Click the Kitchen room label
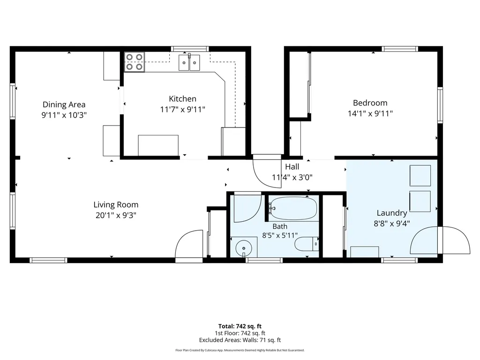click(182, 99)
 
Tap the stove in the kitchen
click(134, 62)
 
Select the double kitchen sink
click(189, 62)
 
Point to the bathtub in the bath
click(293, 208)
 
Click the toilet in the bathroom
click(307, 244)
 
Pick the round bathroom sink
click(244, 247)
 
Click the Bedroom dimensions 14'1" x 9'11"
click(370, 113)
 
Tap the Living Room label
click(116, 204)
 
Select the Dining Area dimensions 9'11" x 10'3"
click(64, 115)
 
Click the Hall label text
click(292, 167)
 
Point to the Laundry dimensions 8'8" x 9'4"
click(392, 224)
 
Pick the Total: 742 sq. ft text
click(240, 326)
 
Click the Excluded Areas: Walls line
click(240, 340)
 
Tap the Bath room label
click(280, 226)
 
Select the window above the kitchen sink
click(190, 49)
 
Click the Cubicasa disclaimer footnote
click(240, 350)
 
